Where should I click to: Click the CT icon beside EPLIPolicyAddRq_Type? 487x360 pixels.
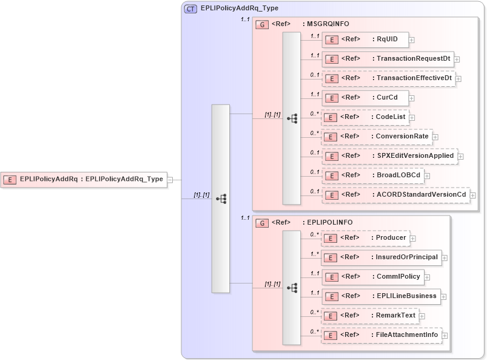[x=190, y=8]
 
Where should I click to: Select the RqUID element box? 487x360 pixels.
[x=364, y=39]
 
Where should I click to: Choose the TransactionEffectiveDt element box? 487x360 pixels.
[x=388, y=78]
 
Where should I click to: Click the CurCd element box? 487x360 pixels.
[x=364, y=98]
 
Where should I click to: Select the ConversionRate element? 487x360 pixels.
[x=376, y=137]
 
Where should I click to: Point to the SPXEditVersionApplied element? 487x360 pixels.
[x=389, y=156]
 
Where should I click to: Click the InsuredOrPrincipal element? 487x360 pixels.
[x=381, y=257]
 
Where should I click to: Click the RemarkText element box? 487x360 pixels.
[x=369, y=316]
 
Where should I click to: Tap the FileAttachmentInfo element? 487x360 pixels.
[x=381, y=335]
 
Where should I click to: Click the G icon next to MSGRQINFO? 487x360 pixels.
[x=262, y=24]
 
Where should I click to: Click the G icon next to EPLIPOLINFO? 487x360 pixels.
[x=262, y=223]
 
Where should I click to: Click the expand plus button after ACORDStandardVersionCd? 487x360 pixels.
[x=473, y=195]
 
